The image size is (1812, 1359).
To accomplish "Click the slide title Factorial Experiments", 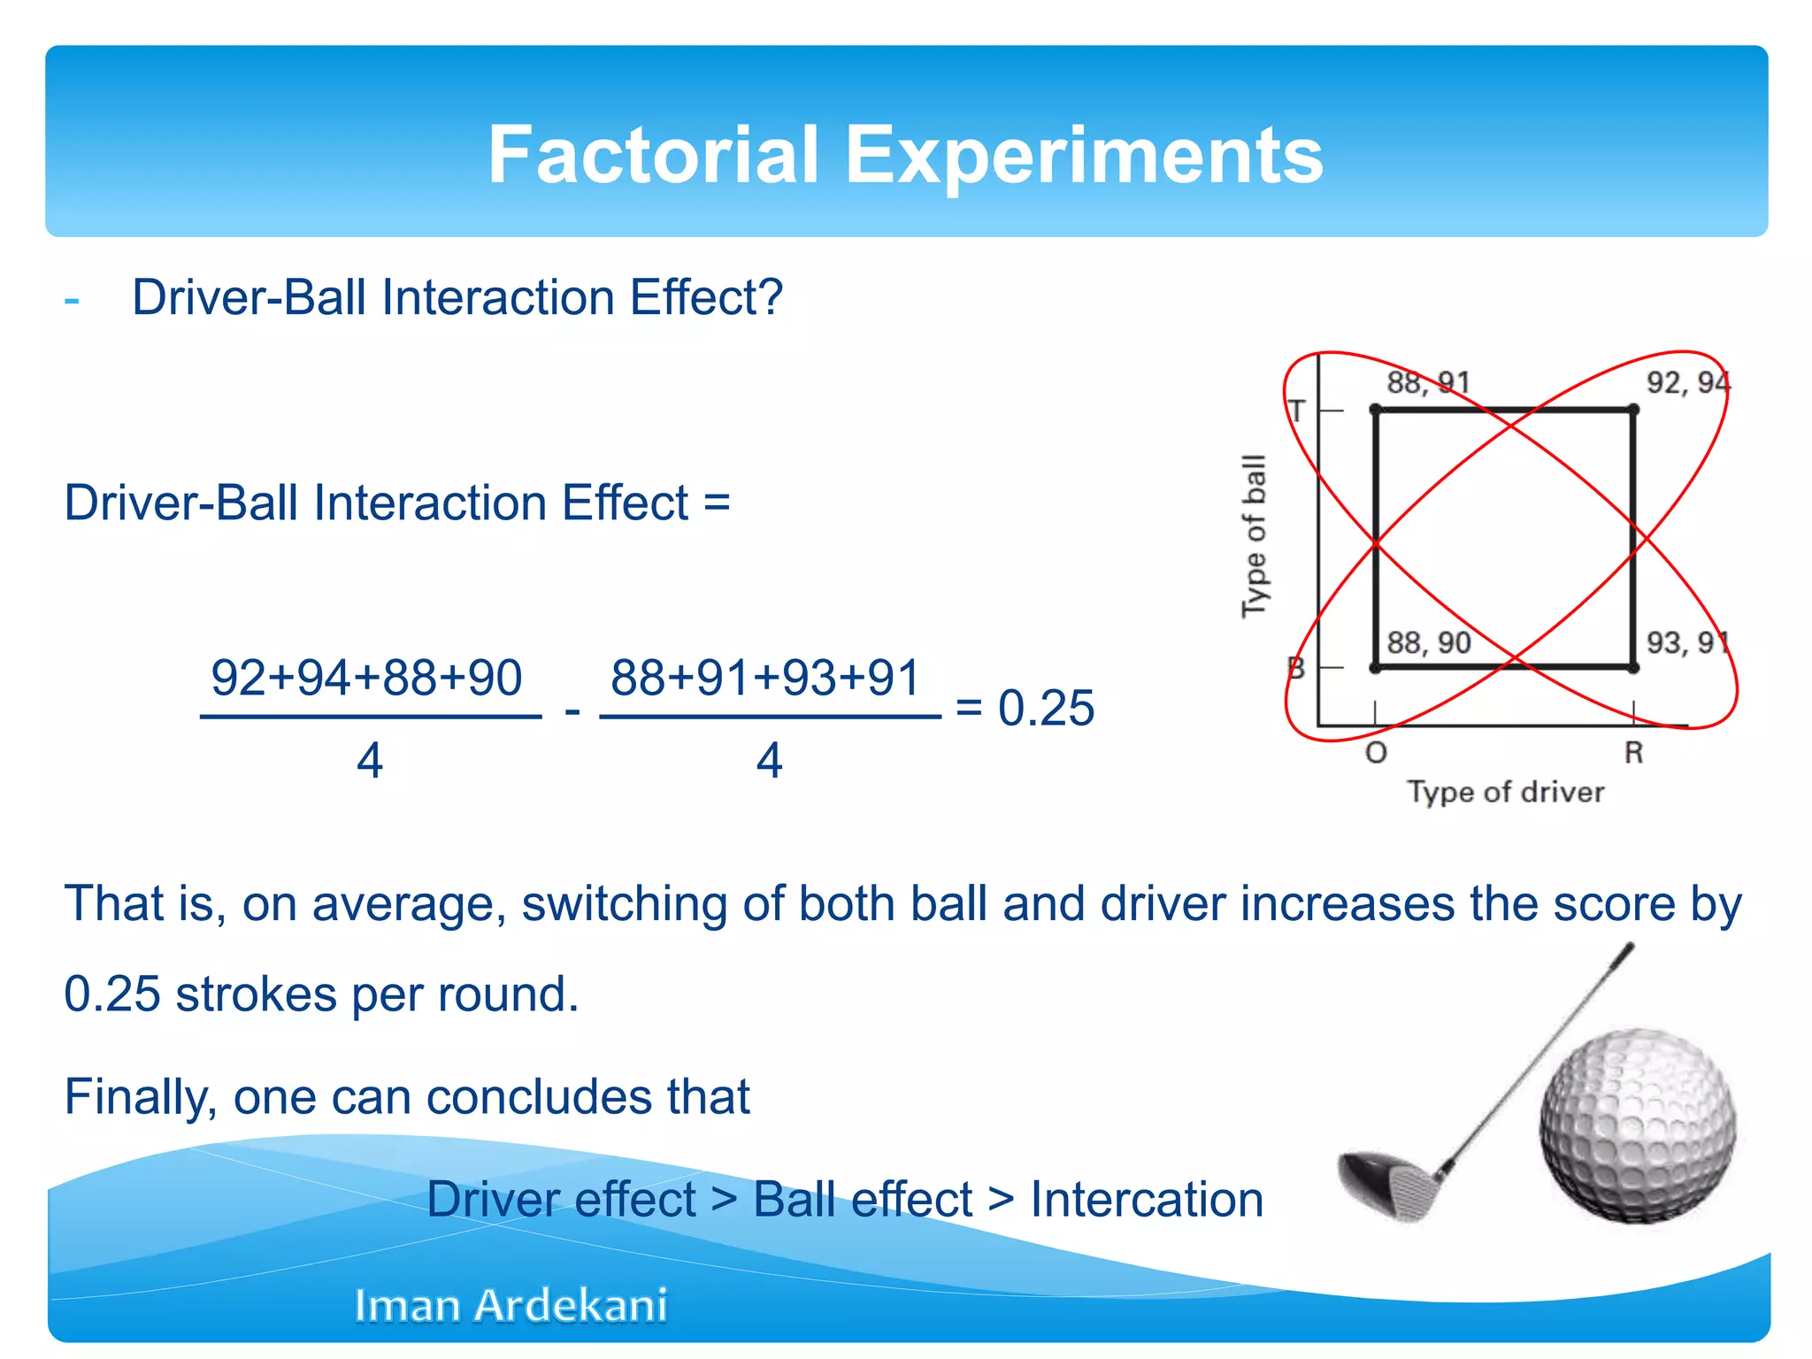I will [905, 155].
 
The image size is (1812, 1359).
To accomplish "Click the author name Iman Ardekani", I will [511, 1305].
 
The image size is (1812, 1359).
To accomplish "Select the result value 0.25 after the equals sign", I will [1046, 708].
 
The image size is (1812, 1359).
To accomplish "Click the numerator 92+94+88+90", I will [366, 678].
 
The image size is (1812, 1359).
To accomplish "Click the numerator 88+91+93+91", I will [766, 678].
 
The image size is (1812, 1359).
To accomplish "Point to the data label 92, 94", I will [1687, 382].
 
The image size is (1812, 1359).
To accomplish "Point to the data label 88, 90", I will [1428, 642].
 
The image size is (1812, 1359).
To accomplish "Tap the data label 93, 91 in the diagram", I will [1687, 642].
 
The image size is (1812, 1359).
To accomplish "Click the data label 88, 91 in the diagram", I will [1428, 382].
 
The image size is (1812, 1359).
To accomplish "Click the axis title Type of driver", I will [1506, 792].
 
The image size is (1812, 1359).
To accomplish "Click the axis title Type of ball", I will [1255, 536].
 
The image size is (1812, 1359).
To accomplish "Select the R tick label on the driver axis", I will [1633, 753].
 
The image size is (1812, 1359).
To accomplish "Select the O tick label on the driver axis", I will [1376, 753].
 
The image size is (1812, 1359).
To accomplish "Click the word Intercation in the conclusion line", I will [1147, 1200].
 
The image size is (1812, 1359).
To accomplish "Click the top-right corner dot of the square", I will [1633, 410].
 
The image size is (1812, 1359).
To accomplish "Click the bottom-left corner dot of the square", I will [1375, 668].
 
